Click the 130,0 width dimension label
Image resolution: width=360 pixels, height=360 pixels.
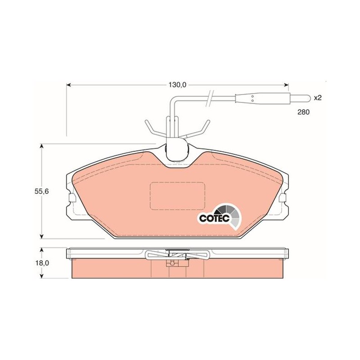pos(177,85)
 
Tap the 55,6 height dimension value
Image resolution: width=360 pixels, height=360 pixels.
pos(41,191)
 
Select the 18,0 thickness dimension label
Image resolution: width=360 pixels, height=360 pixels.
pos(41,263)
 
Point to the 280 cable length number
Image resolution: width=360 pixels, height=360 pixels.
pos(303,112)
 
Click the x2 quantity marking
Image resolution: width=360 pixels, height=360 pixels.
pos(318,98)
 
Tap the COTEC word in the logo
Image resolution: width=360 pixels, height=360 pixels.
pos(214,218)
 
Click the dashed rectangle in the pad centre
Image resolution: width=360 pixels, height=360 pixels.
pos(177,196)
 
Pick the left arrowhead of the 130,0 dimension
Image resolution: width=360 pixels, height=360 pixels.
pos(68,85)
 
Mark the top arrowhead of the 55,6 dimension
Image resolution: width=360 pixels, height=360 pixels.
pos(41,146)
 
